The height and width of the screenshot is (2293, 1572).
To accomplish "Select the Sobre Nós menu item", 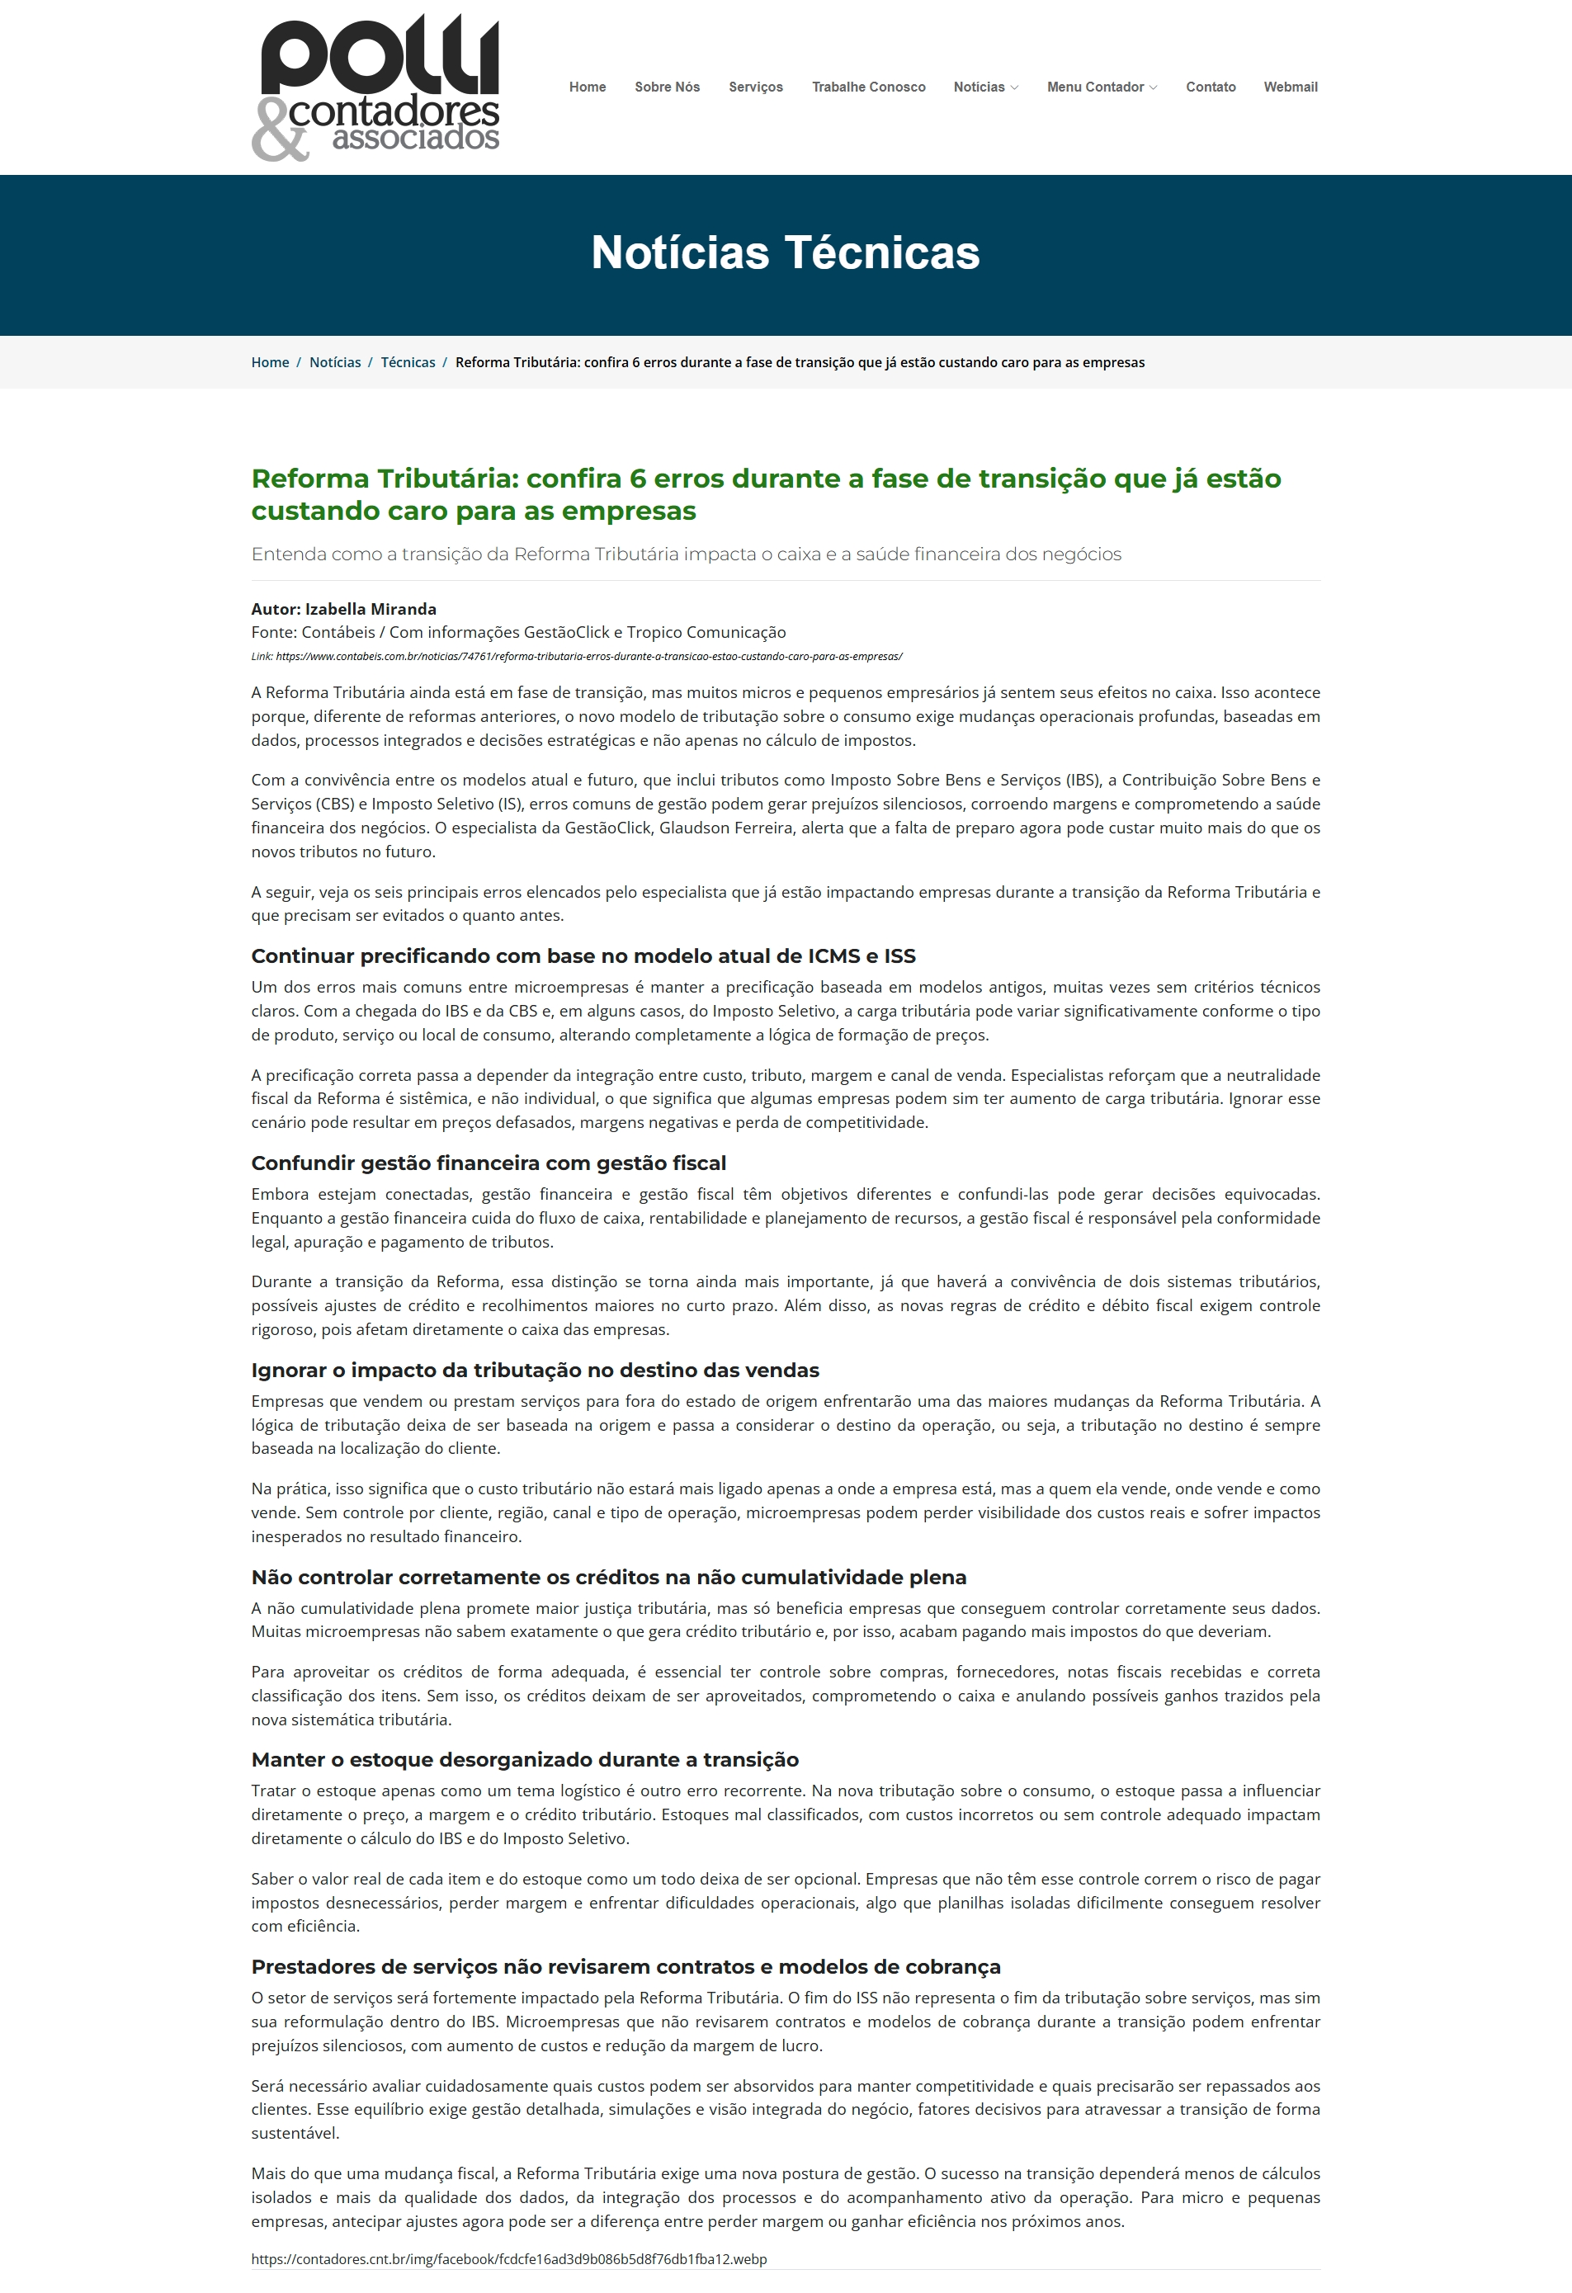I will point(667,87).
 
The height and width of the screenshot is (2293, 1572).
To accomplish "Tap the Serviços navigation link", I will point(756,87).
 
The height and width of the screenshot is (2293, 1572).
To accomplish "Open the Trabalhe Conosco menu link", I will point(868,87).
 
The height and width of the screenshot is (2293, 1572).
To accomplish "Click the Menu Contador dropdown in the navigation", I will point(1102,87).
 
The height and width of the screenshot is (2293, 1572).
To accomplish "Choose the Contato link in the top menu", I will point(1211,87).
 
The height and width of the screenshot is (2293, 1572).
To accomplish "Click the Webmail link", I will point(1291,87).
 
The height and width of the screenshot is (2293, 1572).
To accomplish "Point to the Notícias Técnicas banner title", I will point(786,252).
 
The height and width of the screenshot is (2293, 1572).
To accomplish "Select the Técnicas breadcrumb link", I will point(408,362).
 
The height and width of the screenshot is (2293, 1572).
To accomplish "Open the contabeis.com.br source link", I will point(589,656).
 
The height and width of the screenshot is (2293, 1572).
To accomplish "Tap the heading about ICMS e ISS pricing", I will point(583,956).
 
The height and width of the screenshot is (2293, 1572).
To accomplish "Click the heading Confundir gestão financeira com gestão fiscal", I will point(489,1163).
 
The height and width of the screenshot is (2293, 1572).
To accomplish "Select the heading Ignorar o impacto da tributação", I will point(535,1371).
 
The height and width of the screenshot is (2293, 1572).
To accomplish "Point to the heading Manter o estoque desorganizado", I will point(525,1759).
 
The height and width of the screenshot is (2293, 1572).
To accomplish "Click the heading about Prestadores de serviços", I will point(625,1966).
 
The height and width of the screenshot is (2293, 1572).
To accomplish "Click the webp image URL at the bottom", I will point(509,2258).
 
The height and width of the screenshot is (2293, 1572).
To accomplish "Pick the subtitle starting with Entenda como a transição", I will point(686,554).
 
